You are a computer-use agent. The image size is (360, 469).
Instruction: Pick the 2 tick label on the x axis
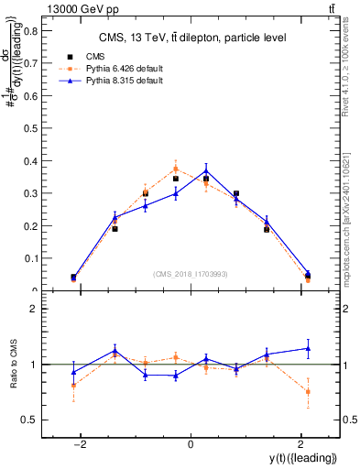click(300, 444)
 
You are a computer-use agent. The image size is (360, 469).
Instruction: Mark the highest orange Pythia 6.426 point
click(175, 169)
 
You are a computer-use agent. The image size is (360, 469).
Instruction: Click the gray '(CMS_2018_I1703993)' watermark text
click(191, 273)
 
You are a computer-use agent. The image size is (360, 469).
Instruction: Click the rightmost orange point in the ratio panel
click(308, 391)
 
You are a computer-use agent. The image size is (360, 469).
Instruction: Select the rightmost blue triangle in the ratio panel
click(308, 348)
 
